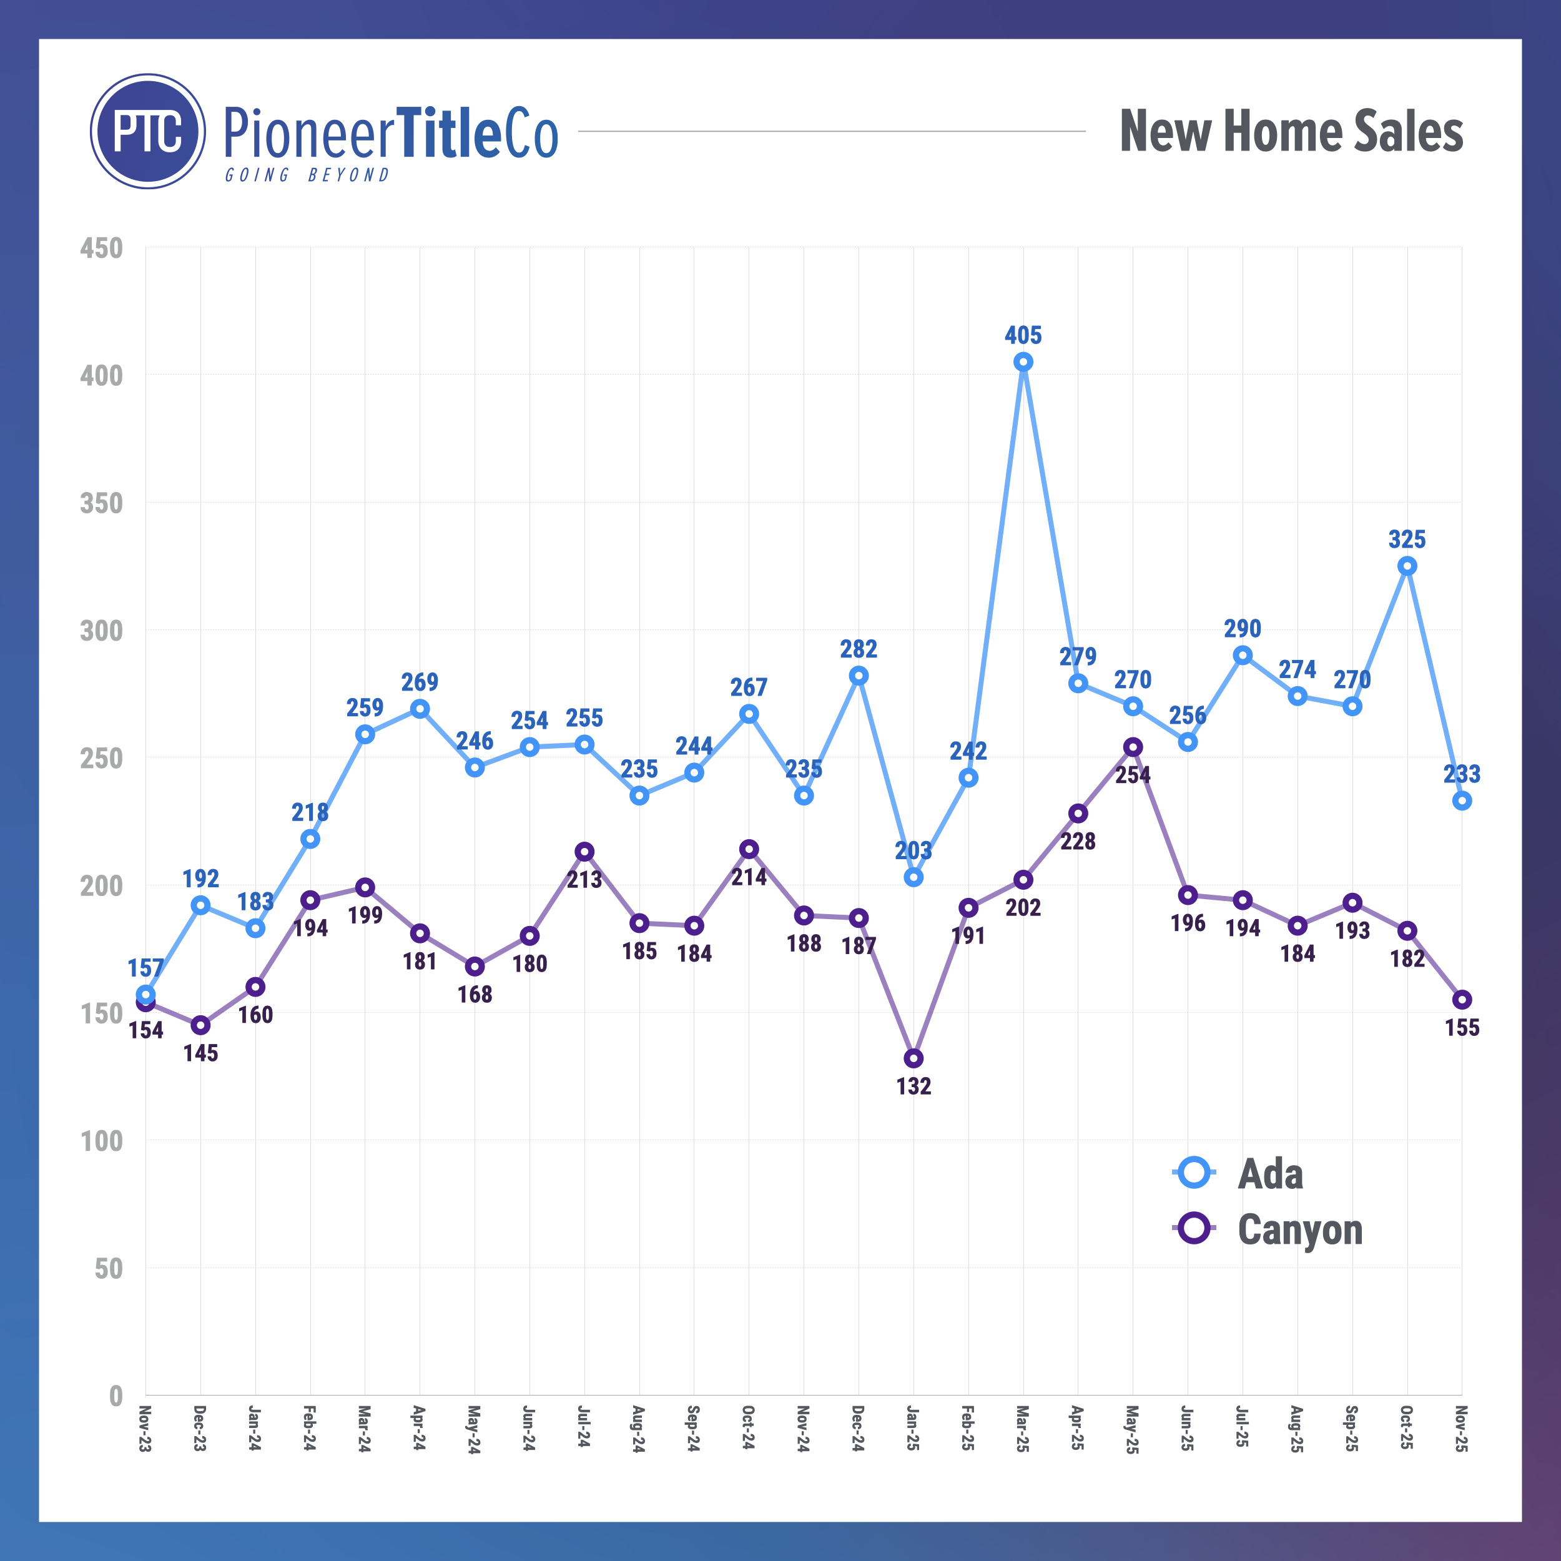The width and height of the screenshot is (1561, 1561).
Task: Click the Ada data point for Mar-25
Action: [1023, 362]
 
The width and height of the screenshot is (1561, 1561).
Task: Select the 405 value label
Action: [1023, 335]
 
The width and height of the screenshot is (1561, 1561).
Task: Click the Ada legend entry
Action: [1269, 1174]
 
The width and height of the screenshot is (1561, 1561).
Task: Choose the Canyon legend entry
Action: [1299, 1229]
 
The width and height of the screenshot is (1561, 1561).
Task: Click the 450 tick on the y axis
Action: [102, 248]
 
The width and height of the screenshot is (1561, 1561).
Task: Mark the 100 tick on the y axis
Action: [102, 1141]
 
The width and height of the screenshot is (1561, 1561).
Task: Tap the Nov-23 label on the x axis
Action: [145, 1429]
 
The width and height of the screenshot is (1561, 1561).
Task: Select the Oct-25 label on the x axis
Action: [1407, 1429]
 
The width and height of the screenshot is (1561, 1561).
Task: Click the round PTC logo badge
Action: [148, 132]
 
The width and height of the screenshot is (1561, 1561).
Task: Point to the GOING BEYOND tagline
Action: [307, 175]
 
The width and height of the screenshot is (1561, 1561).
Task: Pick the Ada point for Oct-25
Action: [1407, 566]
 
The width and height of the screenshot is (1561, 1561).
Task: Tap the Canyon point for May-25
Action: [1133, 747]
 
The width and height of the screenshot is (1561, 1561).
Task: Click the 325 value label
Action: [1407, 539]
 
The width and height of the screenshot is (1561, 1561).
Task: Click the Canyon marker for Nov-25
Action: [1462, 1000]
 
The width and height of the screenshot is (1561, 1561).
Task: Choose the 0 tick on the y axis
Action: [116, 1396]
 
